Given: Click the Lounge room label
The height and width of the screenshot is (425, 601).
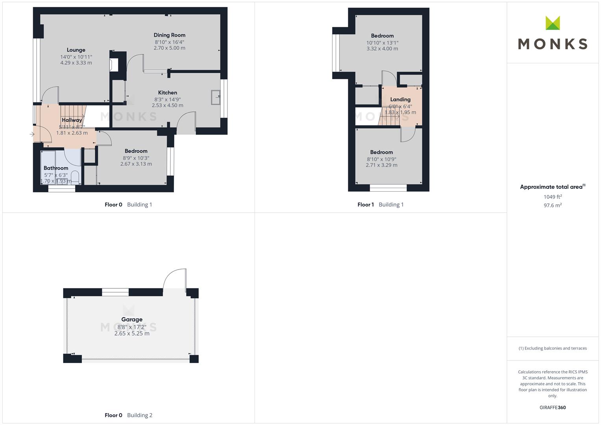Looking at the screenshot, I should point(76,50).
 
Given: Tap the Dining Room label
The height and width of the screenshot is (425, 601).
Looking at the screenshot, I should point(169,35).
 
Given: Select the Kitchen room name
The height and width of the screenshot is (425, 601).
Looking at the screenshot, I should point(168,93).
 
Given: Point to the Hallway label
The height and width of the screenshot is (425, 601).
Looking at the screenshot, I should point(72,120).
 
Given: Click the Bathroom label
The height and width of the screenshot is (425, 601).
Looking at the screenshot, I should point(56,168).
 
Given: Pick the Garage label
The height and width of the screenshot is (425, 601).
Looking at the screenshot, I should point(132,320).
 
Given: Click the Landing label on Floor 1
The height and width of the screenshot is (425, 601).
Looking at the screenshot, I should point(400,100).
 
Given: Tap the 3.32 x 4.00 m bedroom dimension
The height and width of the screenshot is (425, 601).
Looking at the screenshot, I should point(382,49).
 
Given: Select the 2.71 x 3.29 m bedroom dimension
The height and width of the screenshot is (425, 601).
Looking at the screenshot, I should point(381,165).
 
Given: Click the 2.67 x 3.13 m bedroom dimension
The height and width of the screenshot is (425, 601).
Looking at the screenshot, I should point(136,164).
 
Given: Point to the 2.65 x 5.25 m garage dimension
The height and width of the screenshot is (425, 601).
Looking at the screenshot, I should point(132,334).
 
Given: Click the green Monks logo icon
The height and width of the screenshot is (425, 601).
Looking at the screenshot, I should point(553,23).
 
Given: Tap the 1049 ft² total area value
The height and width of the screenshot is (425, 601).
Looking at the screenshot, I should point(553,197).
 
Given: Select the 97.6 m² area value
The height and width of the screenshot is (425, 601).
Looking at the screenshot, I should point(553,205).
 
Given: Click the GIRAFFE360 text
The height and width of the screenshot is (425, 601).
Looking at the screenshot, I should point(553,408).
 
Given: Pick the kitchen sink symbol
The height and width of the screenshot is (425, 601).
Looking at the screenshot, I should point(216,98).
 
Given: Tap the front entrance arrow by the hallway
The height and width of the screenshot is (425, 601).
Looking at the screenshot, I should point(32,134).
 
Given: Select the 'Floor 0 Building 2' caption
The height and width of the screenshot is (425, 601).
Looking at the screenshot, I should point(128,415).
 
